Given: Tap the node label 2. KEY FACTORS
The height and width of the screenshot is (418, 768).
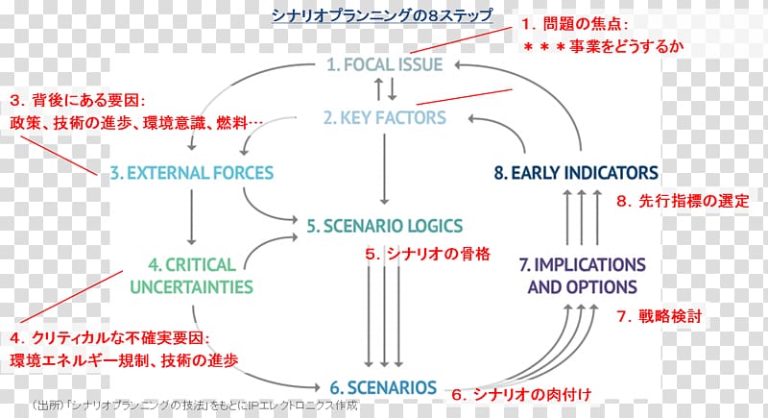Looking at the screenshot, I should point(385,118).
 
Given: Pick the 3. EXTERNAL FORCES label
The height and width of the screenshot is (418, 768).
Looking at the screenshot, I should point(191,174).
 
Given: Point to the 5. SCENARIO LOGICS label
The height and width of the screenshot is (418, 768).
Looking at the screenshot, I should point(385,226).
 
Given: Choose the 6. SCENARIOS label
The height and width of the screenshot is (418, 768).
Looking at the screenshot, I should point(383,387).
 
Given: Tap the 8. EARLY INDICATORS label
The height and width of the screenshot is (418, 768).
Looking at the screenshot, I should point(576,173).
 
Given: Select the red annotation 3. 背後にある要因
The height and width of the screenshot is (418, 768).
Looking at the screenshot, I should point(77,100).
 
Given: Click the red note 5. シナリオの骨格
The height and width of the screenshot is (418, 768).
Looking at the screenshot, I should point(427,254).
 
